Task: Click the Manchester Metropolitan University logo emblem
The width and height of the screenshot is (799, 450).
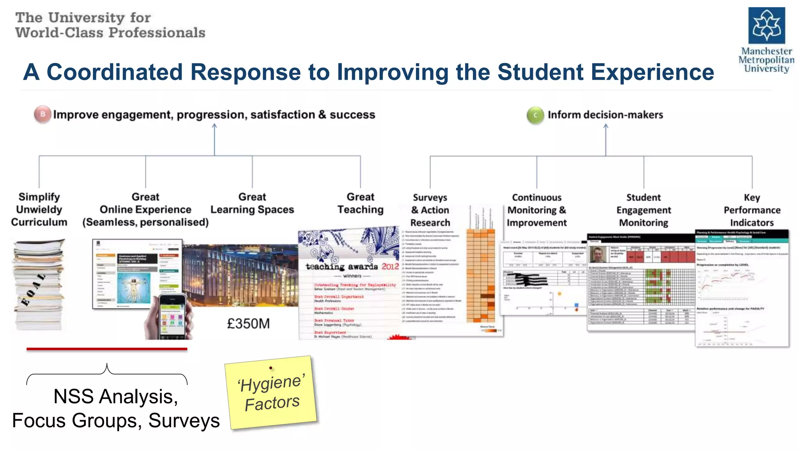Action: point(766,25)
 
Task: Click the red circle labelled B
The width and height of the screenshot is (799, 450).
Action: point(43,114)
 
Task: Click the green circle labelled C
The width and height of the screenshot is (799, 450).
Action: point(535,115)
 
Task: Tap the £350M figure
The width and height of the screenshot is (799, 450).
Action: point(248,323)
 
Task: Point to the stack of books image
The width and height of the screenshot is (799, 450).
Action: point(39,285)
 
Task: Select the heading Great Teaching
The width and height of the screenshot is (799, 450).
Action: point(360,203)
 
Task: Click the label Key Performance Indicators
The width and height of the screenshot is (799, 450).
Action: point(752,210)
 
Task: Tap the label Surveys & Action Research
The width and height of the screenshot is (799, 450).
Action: point(430,210)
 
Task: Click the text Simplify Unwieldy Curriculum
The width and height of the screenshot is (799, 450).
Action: point(39,209)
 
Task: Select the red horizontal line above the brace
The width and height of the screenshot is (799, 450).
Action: point(107,349)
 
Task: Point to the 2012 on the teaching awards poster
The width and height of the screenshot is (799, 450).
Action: point(390,266)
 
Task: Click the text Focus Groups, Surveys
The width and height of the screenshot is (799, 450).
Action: point(116,421)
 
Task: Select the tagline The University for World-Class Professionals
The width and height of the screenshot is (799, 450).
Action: point(110,25)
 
